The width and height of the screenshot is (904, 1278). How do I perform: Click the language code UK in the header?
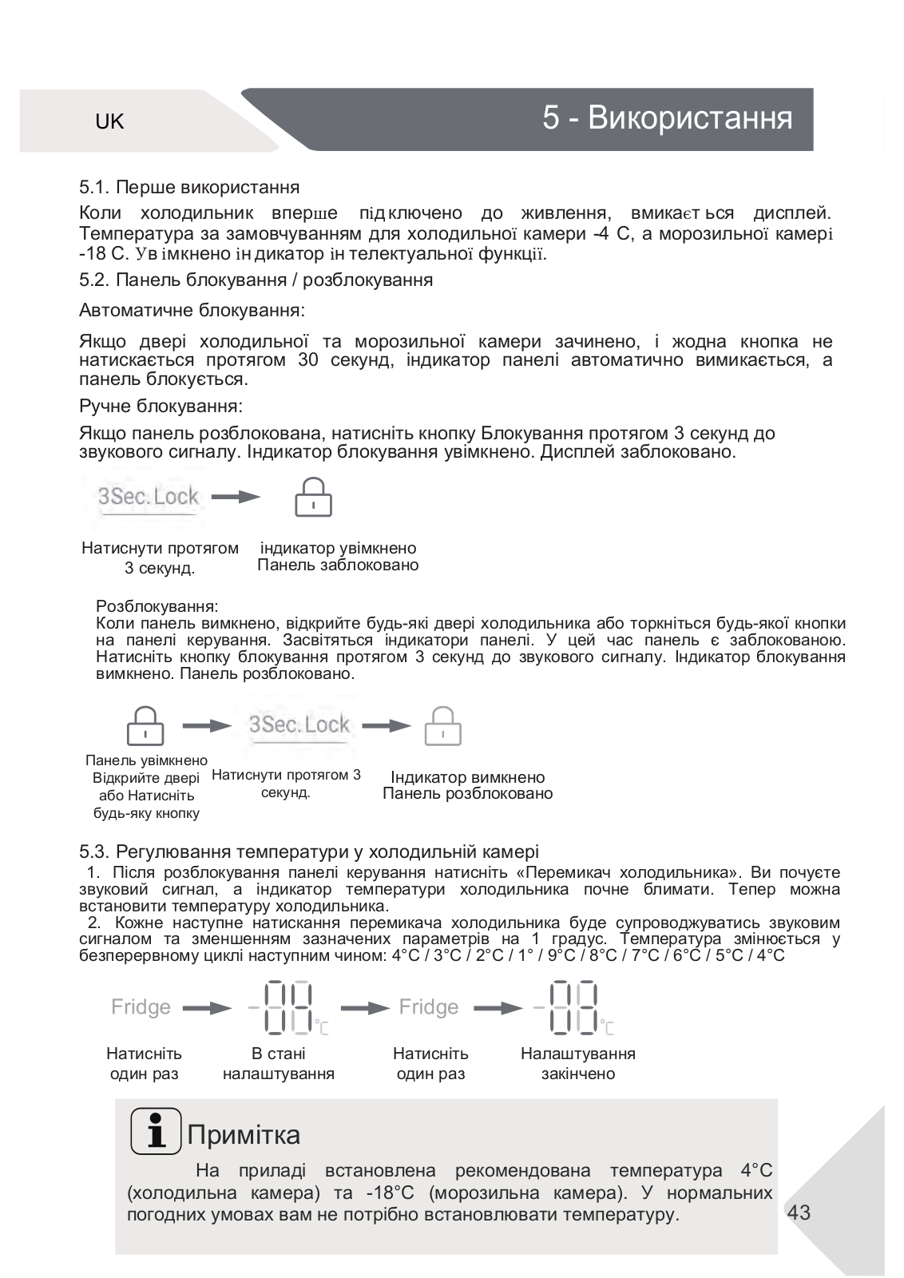(x=109, y=121)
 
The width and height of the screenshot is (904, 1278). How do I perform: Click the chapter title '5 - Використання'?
(x=667, y=118)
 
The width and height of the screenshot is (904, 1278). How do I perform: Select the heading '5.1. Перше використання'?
(x=189, y=188)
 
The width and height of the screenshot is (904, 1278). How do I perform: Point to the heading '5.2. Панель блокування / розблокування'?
(x=256, y=280)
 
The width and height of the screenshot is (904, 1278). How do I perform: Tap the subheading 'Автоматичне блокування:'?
(x=192, y=309)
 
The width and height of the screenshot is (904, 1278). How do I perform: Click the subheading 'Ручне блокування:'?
(x=161, y=406)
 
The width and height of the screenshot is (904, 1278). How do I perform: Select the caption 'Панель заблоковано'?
(x=338, y=566)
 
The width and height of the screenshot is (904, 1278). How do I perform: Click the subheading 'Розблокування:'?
(x=157, y=606)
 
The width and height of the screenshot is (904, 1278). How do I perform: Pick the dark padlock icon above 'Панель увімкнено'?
(x=145, y=725)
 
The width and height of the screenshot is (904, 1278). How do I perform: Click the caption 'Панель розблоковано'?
(x=467, y=794)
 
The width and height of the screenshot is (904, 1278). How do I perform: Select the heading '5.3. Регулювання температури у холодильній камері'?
(x=308, y=852)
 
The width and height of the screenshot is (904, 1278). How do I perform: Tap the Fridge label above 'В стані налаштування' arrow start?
(x=141, y=1007)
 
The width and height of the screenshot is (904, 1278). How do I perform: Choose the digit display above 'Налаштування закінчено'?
(x=569, y=1008)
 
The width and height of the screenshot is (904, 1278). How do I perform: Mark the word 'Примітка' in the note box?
(x=244, y=1135)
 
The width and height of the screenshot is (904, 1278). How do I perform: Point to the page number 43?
(x=799, y=1213)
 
